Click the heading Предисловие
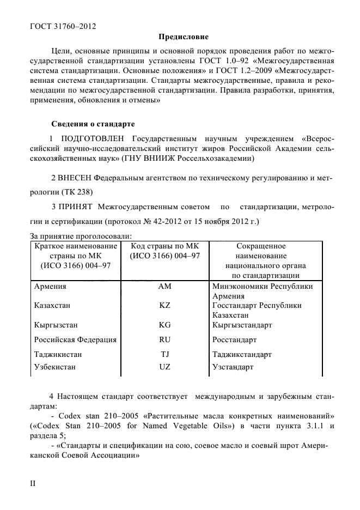[x=183, y=38]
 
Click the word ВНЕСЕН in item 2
[x=75, y=178]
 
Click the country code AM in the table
[x=165, y=286]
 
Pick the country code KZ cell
[x=165, y=306]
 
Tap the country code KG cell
[x=165, y=325]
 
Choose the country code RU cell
[x=165, y=340]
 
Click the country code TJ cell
[x=165, y=354]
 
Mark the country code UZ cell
[x=165, y=367]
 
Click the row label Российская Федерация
[x=75, y=340]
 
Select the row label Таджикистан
[x=58, y=354]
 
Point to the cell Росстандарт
[x=234, y=340]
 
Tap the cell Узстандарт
[x=233, y=367]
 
